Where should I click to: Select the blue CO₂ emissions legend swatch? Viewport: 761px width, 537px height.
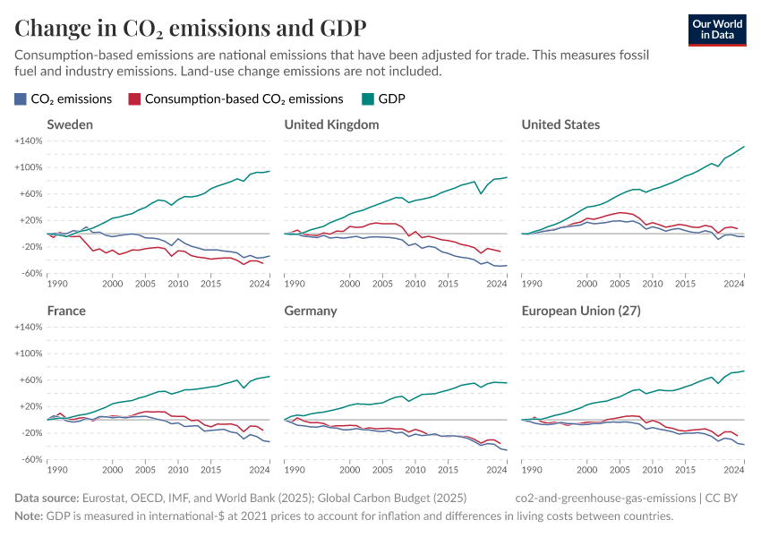pyautogui.click(x=21, y=99)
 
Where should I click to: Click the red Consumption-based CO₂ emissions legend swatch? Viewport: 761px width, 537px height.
pyautogui.click(x=134, y=99)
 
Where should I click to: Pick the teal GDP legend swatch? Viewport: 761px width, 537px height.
pyautogui.click(x=367, y=99)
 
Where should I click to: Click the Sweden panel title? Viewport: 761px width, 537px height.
pyautogui.click(x=70, y=124)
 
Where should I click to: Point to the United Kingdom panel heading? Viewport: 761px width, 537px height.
pyautogui.click(x=331, y=124)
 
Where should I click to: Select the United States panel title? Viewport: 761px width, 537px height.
pyautogui.click(x=560, y=124)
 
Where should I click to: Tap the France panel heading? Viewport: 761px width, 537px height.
pyautogui.click(x=66, y=311)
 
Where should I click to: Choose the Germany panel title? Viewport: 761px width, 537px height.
pyautogui.click(x=311, y=311)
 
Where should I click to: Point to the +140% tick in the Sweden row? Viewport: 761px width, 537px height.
pyautogui.click(x=29, y=141)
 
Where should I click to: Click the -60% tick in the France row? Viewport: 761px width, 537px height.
pyautogui.click(x=30, y=459)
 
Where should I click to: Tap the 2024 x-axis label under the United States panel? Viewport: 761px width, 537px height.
pyautogui.click(x=734, y=284)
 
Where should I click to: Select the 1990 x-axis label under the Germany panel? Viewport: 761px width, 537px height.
pyautogui.click(x=295, y=470)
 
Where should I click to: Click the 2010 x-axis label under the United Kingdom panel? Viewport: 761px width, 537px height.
pyautogui.click(x=415, y=284)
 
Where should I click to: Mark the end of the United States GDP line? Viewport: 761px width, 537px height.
pyautogui.click(x=744, y=146)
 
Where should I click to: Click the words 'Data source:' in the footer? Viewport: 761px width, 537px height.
pyautogui.click(x=47, y=497)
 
